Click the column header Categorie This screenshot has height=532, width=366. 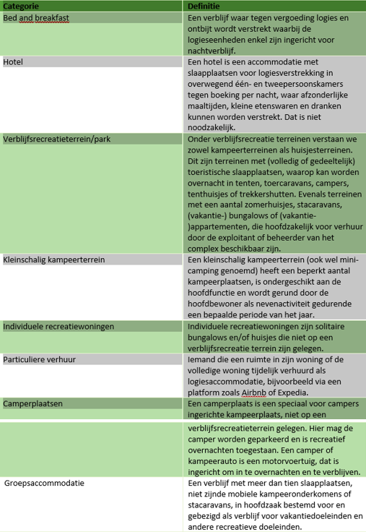click(22, 7)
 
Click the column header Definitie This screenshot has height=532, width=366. click(204, 7)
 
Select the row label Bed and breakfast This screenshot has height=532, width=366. click(35, 17)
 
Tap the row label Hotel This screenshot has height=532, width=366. click(14, 63)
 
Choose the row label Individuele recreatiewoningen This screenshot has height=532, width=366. click(58, 327)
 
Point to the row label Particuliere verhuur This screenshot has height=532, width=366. click(40, 359)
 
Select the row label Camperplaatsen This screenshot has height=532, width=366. click(33, 403)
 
